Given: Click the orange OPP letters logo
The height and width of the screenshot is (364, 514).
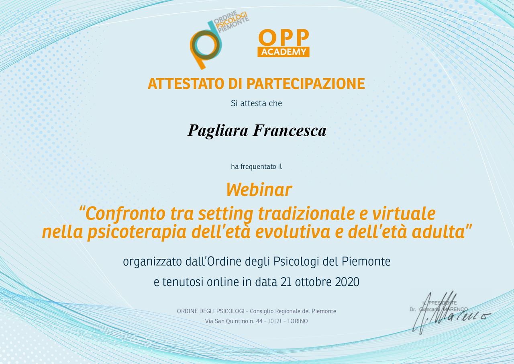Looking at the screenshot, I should pyautogui.click(x=283, y=38).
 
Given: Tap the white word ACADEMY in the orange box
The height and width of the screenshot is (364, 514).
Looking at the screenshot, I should pyautogui.click(x=284, y=52).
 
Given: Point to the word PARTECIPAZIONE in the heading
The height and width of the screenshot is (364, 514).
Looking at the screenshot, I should pyautogui.click(x=305, y=84).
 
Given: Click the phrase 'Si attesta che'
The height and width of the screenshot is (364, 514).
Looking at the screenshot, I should pyautogui.click(x=256, y=103).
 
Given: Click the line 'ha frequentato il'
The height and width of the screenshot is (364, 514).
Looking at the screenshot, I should pyautogui.click(x=256, y=166).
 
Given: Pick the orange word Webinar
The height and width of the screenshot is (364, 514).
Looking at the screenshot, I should pyautogui.click(x=259, y=190).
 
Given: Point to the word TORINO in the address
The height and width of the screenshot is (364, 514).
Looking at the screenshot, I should pyautogui.click(x=298, y=321).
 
